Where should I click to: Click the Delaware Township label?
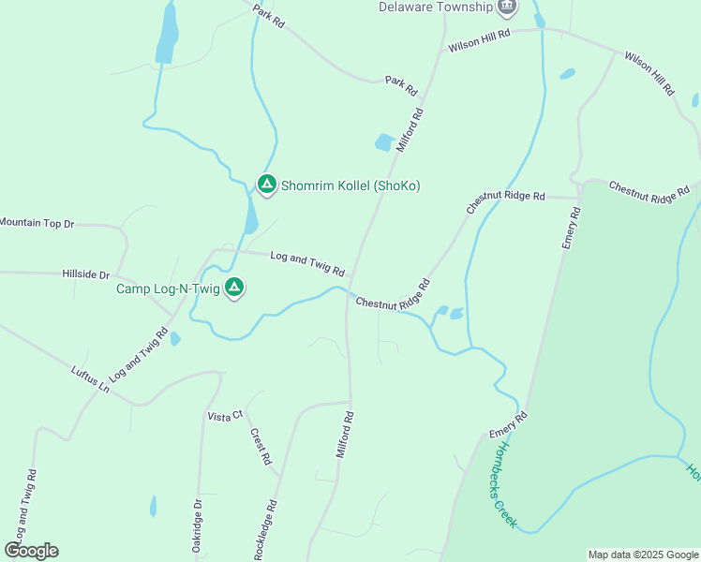[x=435, y=7]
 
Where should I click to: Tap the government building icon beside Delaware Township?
[x=507, y=7]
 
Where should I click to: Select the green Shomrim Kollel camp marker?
[x=266, y=185]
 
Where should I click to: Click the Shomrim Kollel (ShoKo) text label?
[x=350, y=186]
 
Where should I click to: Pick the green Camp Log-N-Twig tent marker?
[x=234, y=288]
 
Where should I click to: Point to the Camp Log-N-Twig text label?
[x=168, y=288]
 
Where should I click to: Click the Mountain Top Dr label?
[x=36, y=223]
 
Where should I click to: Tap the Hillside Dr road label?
[x=85, y=275]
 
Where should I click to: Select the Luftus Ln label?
[x=90, y=378]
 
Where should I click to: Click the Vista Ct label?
[x=225, y=415]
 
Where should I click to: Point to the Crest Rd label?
[x=261, y=447]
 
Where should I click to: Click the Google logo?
[x=31, y=551]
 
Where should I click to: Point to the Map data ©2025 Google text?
[x=643, y=555]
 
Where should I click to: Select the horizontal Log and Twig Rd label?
[x=307, y=262]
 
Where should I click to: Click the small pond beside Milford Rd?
[x=384, y=142]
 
